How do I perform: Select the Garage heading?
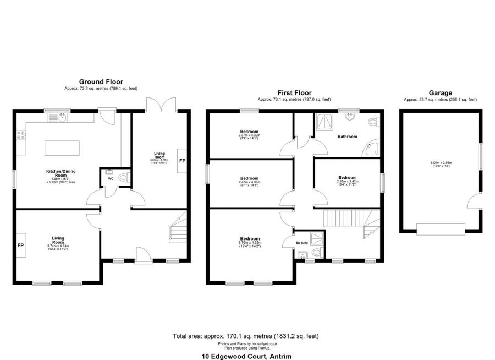click(440, 93)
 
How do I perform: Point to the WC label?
click(110, 179)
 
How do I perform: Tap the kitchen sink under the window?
click(62, 117)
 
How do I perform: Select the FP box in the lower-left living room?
click(21, 245)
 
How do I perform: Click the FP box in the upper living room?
click(182, 161)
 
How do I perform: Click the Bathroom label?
click(348, 137)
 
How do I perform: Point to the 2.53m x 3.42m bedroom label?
click(348, 178)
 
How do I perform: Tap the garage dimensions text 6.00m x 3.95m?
click(440, 163)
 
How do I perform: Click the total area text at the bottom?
click(246, 336)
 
